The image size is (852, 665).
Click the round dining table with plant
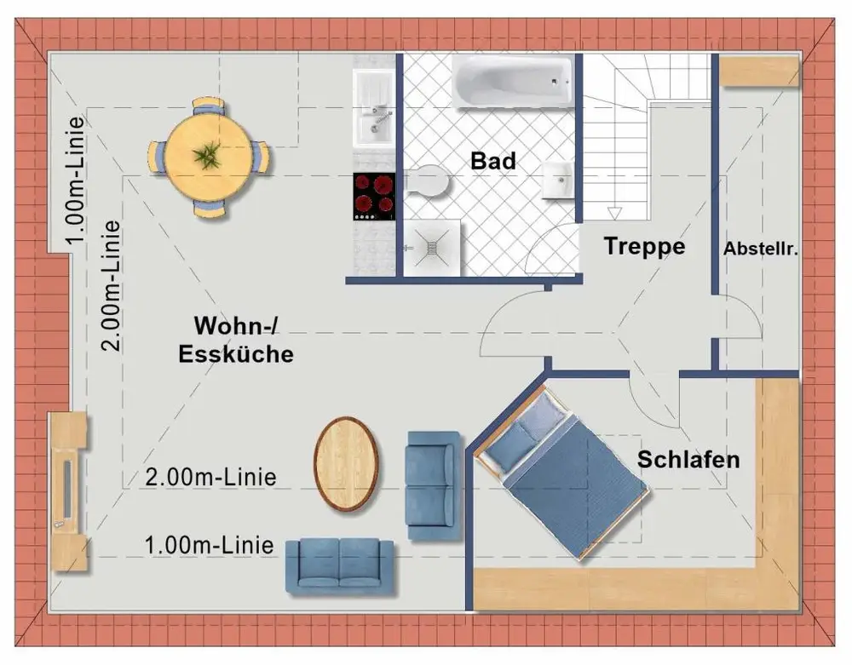[x=206, y=158]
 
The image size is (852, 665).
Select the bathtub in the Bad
[x=514, y=82]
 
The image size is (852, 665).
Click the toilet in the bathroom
[x=428, y=182]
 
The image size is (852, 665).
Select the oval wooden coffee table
[x=347, y=463]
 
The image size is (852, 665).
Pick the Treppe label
[x=644, y=247]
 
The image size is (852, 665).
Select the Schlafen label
[x=688, y=460]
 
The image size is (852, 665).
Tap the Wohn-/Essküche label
[x=235, y=340]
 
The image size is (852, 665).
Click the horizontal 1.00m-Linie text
[x=209, y=544]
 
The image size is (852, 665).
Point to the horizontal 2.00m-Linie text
[x=211, y=477]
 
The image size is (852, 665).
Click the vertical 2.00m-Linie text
[x=111, y=286]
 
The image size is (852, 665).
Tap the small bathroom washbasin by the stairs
[x=559, y=178]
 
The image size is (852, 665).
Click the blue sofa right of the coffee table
[x=434, y=485]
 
